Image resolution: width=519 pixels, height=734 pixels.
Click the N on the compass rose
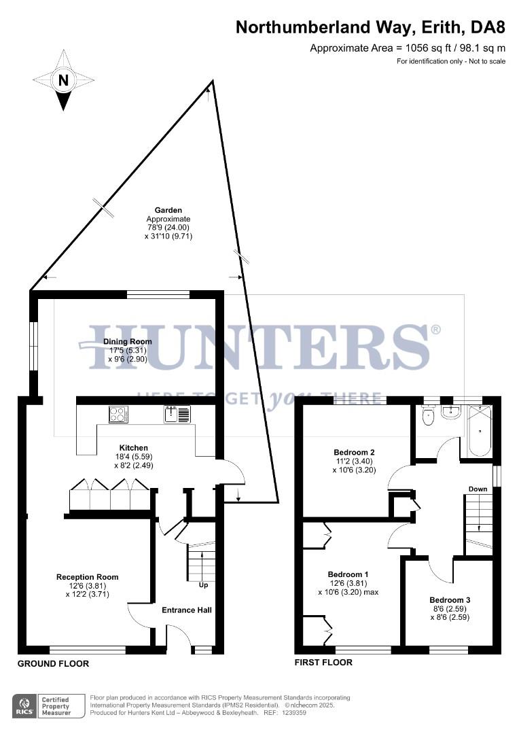[63, 80]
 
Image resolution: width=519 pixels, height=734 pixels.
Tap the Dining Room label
[127, 342]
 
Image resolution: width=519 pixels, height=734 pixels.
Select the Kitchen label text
[134, 448]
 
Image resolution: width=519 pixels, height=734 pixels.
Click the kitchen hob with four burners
[118, 413]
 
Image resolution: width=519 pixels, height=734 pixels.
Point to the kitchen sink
[177, 413]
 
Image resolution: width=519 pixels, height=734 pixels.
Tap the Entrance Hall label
[186, 610]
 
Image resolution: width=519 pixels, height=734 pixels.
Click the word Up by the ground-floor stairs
[203, 585]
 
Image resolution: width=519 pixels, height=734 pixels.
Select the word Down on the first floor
[478, 489]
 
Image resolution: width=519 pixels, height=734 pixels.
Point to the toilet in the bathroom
[428, 416]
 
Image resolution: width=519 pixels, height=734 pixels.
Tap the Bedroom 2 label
[354, 452]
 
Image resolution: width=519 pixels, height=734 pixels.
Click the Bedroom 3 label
[449, 600]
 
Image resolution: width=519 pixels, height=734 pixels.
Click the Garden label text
[168, 211]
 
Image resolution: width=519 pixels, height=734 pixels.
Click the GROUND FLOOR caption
[53, 663]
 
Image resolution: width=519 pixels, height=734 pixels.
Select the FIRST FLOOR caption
[323, 662]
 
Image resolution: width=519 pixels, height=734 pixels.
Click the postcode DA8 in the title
[488, 28]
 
